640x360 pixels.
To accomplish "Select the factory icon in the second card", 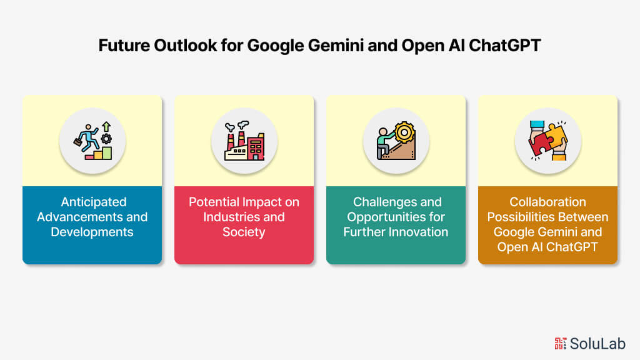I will (x=244, y=141).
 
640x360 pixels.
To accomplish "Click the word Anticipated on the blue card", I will (x=92, y=202).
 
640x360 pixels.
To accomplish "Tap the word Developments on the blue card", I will (x=92, y=232).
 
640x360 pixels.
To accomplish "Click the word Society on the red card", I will (x=244, y=232).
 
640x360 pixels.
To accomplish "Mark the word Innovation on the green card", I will (x=420, y=232).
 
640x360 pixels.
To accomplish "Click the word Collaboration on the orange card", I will (x=547, y=202).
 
